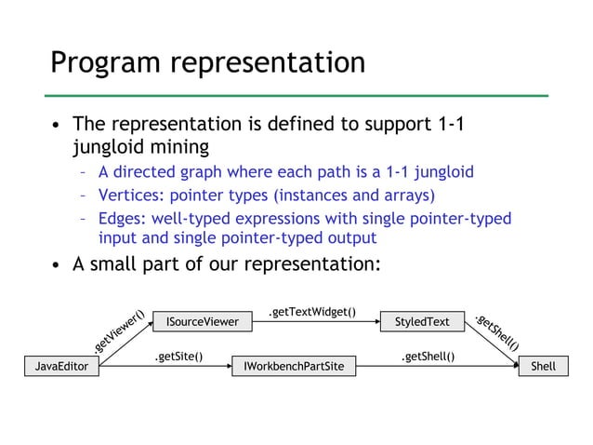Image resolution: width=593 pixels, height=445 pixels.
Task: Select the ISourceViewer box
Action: [202, 322]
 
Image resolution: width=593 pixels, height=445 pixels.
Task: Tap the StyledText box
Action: [422, 322]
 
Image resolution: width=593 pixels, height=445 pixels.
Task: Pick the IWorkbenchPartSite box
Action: [293, 367]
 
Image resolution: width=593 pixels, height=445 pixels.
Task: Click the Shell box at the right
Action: [543, 367]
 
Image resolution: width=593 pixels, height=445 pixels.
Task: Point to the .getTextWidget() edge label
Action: [311, 311]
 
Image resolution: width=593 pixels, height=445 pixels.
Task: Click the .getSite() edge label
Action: [178, 356]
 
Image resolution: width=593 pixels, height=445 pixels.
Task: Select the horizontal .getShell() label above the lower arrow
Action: [428, 356]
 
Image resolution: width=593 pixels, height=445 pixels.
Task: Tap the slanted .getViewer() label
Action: [119, 331]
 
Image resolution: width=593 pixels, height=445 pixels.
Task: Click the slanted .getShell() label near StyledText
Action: [496, 331]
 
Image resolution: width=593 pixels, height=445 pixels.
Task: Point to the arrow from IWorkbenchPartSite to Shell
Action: [437, 367]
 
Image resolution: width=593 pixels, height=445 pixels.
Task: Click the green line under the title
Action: [297, 95]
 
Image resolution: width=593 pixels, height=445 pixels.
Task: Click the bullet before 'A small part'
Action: [57, 264]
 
